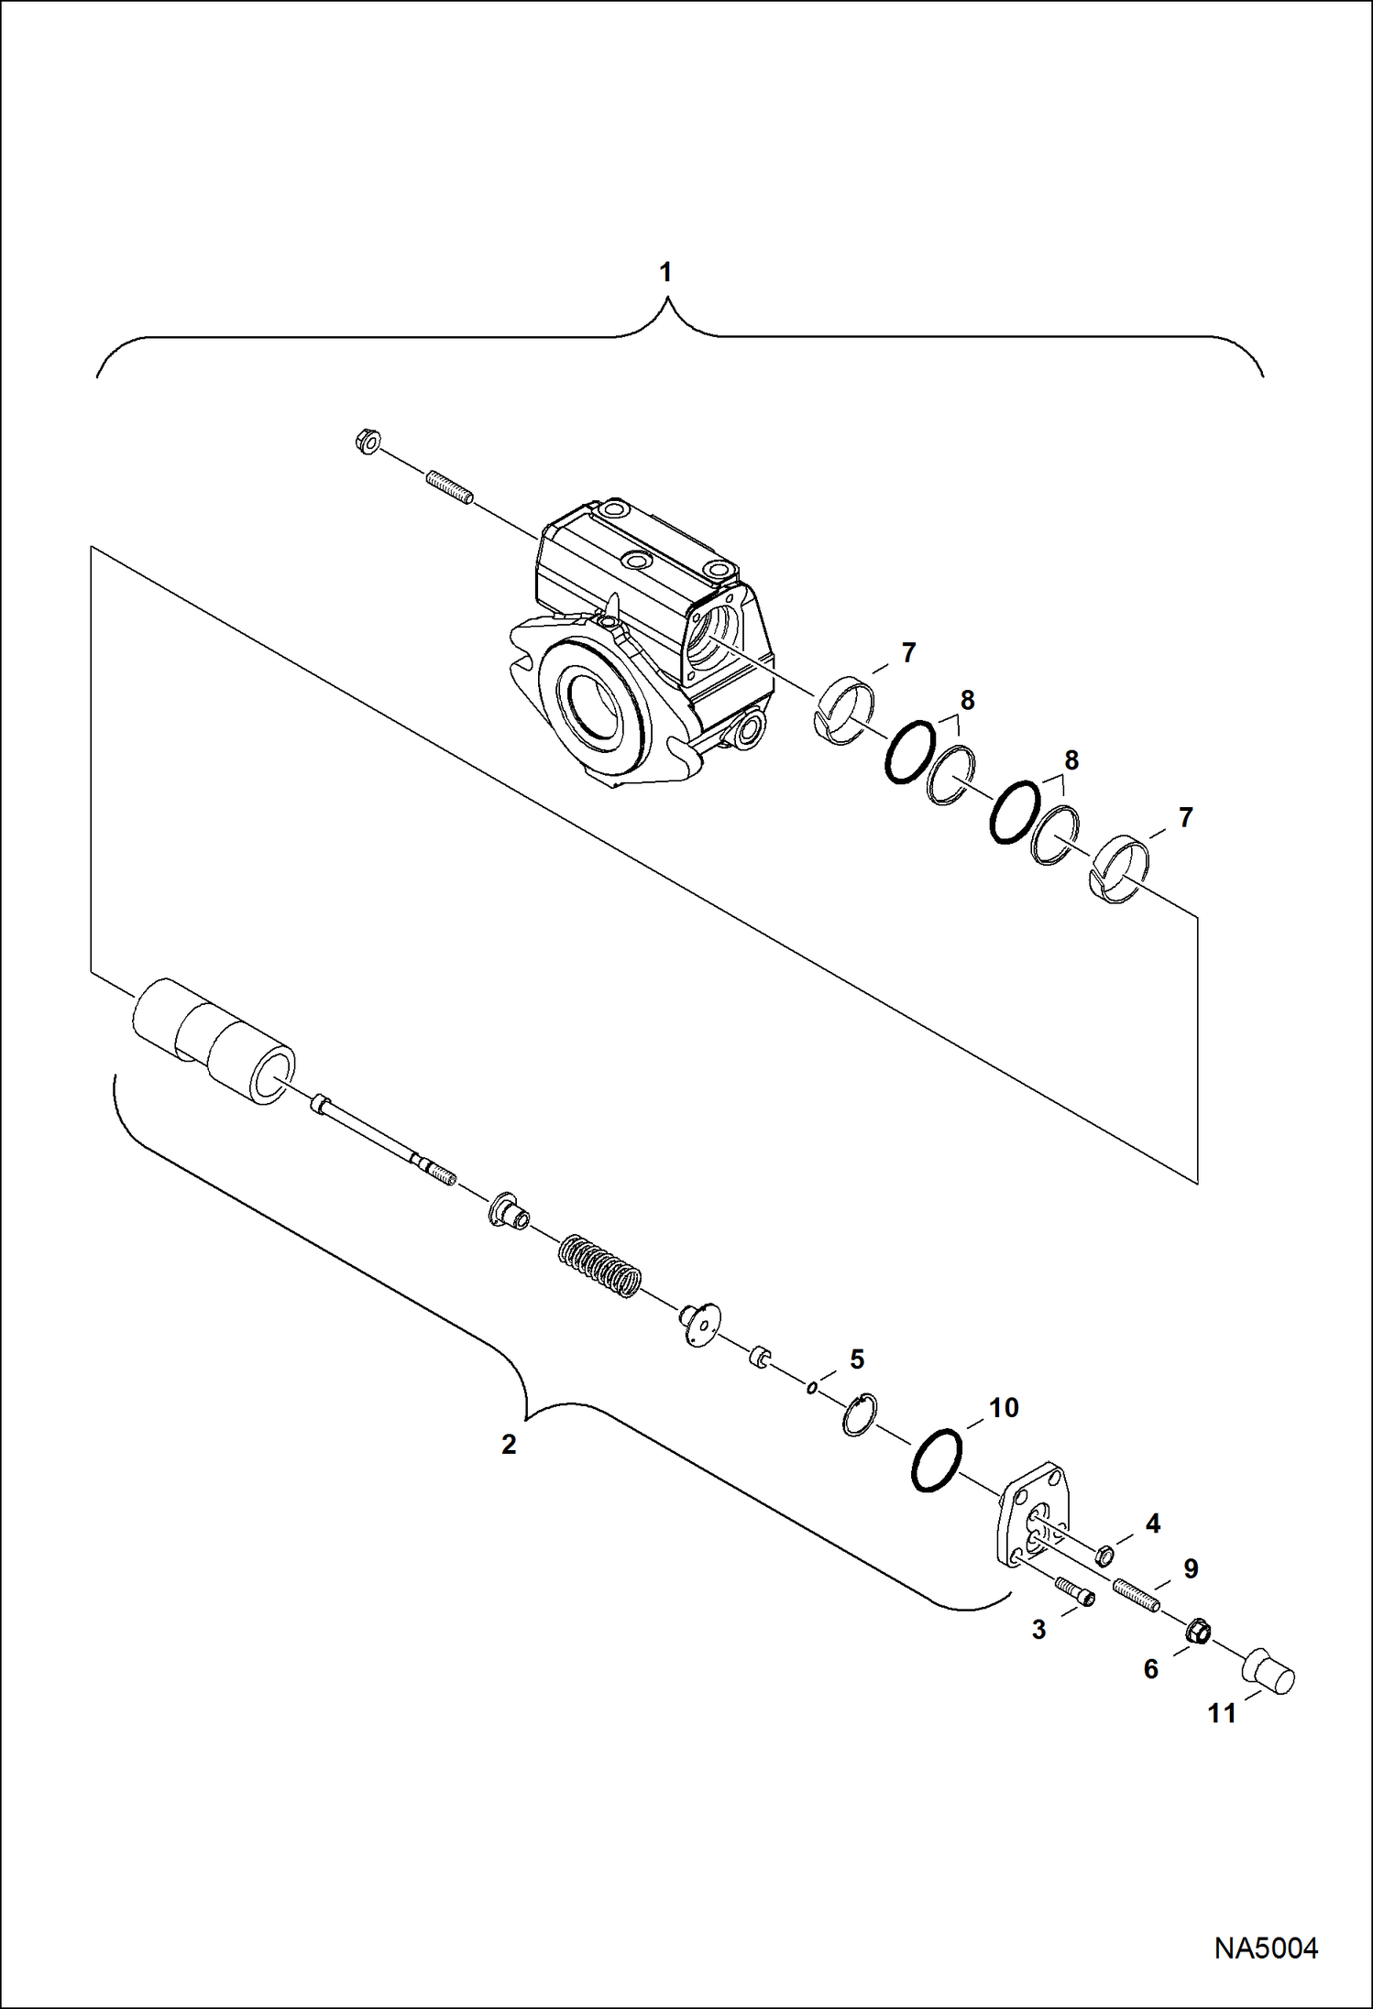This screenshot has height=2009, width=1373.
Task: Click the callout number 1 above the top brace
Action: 665,272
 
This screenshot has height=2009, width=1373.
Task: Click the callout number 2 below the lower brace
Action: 509,1445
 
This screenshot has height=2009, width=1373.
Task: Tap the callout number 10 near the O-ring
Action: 1004,1408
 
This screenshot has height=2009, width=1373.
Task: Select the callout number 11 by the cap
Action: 1222,1712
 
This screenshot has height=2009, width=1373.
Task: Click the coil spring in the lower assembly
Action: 599,1266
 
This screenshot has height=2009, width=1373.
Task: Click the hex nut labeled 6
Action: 1197,1631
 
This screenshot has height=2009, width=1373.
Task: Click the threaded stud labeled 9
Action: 1137,1594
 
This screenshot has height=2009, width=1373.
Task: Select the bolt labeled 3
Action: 1075,1590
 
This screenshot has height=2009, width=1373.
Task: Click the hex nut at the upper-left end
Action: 365,442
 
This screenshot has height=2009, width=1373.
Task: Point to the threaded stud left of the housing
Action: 449,486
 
